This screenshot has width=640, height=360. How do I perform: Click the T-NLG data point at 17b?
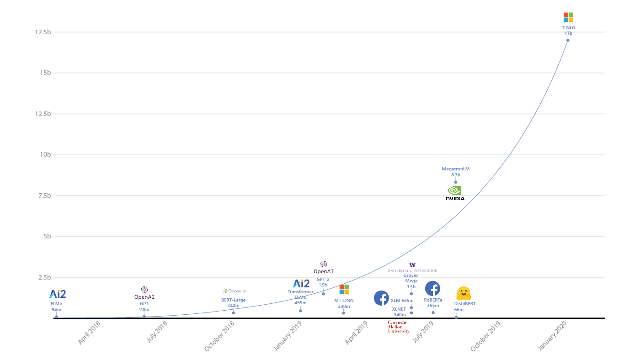(x=568, y=40)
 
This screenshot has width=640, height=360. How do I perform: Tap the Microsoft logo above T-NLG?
(x=568, y=17)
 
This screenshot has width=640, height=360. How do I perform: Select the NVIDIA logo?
(x=455, y=193)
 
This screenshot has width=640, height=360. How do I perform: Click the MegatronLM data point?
(x=455, y=182)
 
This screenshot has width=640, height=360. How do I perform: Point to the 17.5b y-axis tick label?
(x=43, y=32)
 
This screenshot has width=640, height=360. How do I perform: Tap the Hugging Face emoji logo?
(x=464, y=293)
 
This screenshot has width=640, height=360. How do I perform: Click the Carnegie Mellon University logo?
(x=398, y=327)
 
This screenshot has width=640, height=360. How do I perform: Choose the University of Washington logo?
(x=412, y=268)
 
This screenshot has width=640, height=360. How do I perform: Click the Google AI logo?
(x=234, y=291)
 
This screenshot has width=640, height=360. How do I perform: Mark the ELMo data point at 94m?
(x=56, y=317)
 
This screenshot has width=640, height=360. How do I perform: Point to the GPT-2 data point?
(x=323, y=294)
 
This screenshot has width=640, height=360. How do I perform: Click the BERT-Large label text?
(x=233, y=300)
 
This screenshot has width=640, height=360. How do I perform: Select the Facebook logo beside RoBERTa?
(x=432, y=288)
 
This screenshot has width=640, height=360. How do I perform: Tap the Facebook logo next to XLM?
(x=381, y=298)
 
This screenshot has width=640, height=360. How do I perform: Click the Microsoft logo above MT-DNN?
(x=344, y=290)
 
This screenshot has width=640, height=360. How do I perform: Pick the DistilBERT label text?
(x=464, y=304)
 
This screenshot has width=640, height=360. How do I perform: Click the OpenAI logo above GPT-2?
(x=324, y=267)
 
